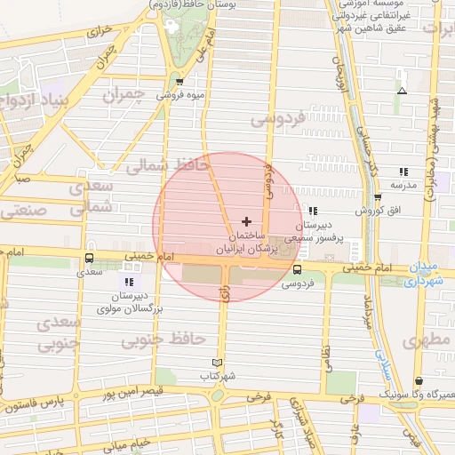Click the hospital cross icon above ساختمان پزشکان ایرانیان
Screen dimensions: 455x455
pos(246,220)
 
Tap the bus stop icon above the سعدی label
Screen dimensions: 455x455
pos(88,259)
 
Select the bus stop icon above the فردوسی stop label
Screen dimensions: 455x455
pos(297,269)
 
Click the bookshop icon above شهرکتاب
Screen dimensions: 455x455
pos(217,363)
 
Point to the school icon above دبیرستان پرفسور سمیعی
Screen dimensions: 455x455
pos(312,211)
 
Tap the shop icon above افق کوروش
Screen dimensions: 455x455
pos(378,197)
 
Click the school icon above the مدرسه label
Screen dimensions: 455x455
pos(403,172)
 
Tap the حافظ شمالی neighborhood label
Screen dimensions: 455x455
pos(166,165)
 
